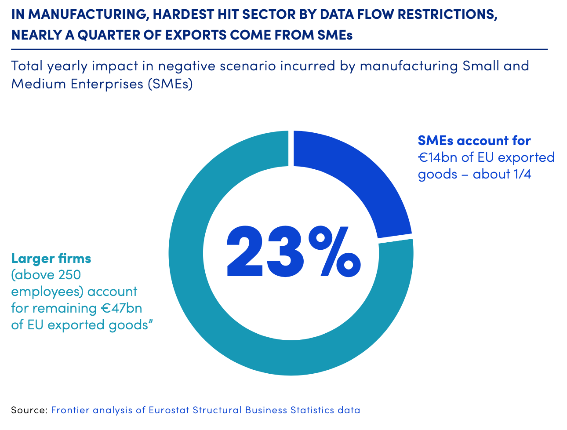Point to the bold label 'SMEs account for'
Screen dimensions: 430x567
(x=474, y=141)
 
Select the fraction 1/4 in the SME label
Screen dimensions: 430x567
(x=522, y=174)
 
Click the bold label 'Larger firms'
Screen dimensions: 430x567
(x=51, y=258)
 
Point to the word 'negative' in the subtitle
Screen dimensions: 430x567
(x=185, y=66)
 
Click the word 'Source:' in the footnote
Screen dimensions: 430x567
(x=29, y=410)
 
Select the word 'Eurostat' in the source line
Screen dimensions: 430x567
(x=169, y=410)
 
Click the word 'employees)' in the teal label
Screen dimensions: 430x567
(x=47, y=292)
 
